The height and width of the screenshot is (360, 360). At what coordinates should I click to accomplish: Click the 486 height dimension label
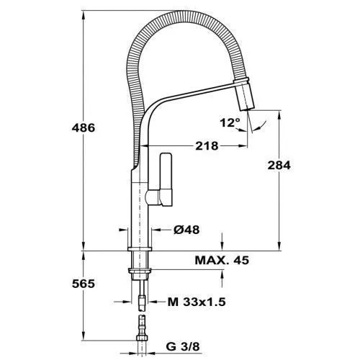(84, 127)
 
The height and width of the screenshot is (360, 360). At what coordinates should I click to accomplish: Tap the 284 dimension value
(279, 166)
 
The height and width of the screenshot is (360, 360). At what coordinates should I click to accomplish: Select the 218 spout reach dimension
(207, 145)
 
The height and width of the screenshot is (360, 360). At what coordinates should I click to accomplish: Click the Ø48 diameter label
(186, 230)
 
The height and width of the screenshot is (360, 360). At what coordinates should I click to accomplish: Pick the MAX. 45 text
(222, 260)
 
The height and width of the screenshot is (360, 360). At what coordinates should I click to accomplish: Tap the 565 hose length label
(84, 284)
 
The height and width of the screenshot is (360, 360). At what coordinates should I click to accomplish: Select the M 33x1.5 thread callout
(197, 302)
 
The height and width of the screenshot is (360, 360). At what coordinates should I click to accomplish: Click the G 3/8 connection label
(183, 346)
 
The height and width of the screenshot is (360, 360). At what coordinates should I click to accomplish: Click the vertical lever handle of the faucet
(166, 179)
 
